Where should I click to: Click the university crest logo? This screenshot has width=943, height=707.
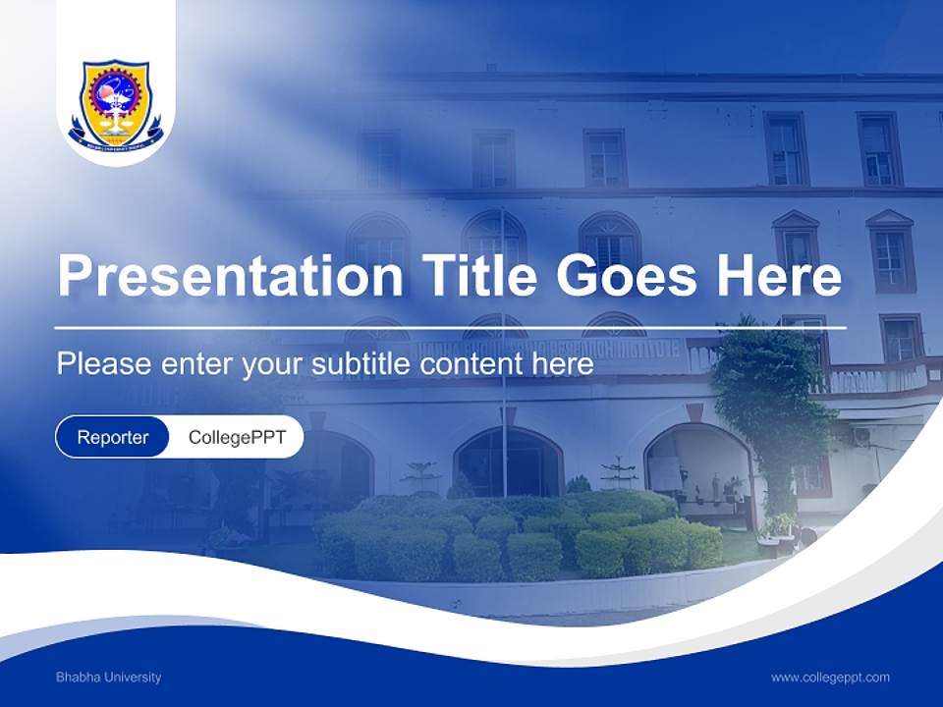[x=116, y=102]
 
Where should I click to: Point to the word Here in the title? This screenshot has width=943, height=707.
[x=778, y=275]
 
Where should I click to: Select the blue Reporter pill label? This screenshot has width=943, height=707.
[x=113, y=437]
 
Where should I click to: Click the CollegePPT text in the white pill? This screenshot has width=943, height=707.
[x=237, y=437]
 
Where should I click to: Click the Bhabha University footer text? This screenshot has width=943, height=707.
[x=108, y=677]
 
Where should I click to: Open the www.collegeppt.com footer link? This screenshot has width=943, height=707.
[x=830, y=677]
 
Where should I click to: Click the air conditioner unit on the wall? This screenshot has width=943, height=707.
[x=861, y=436]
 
